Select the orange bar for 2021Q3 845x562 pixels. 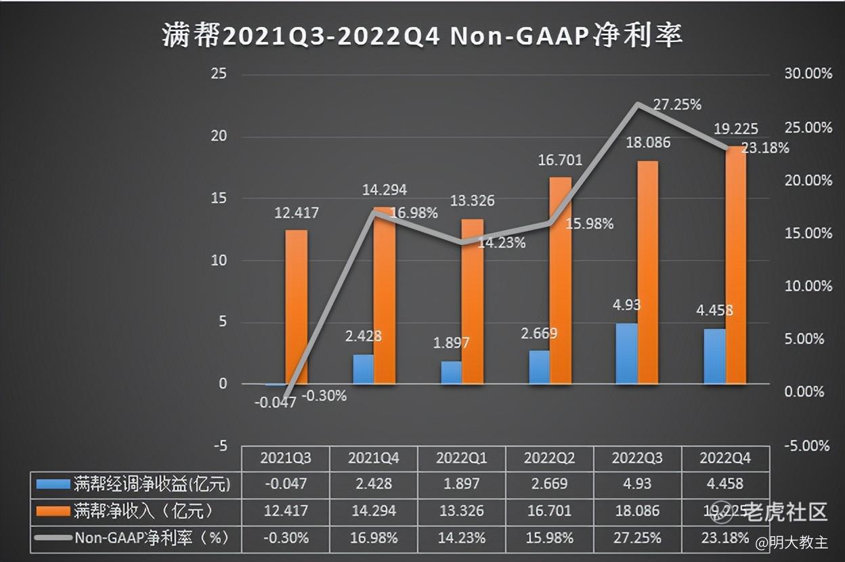297,307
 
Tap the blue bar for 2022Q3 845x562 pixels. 627,353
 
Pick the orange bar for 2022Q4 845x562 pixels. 735,265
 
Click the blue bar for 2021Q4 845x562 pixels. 363,369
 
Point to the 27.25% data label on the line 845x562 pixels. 677,104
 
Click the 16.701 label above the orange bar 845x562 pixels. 559,160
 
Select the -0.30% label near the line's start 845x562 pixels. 324,396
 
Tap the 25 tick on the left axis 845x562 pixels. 219,74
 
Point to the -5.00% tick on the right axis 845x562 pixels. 806,446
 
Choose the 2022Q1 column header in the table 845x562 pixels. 461,458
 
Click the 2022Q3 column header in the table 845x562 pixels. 636,458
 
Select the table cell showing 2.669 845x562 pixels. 549,483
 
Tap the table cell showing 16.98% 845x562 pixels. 373,538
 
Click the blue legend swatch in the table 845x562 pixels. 53,484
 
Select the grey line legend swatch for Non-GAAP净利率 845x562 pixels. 53,538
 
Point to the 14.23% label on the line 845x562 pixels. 502,242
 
